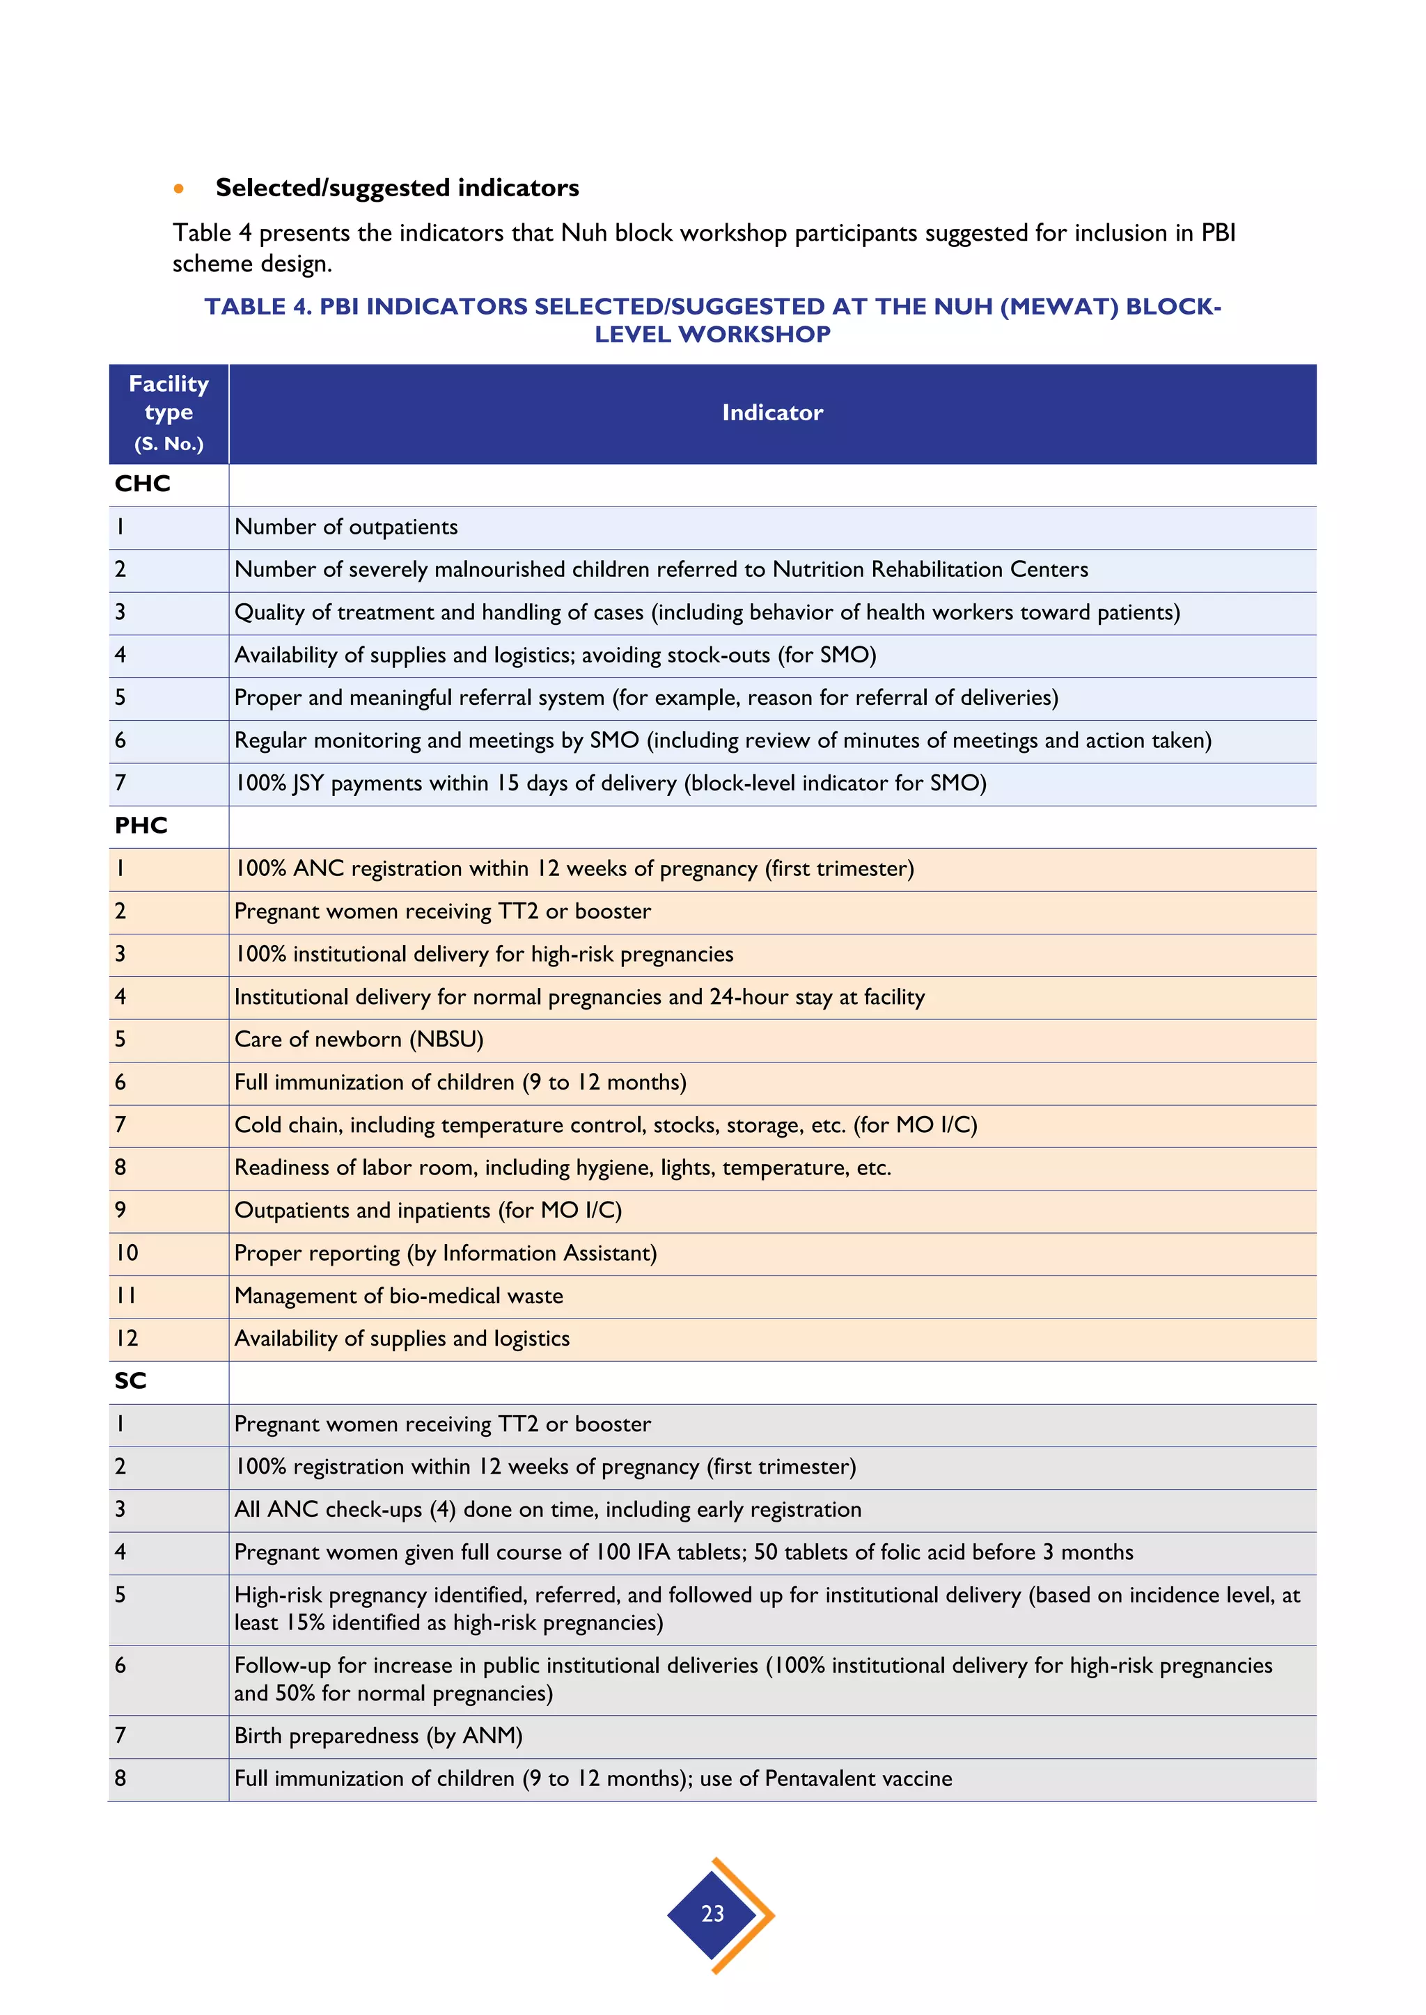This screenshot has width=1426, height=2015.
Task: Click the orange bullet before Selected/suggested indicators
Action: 179,189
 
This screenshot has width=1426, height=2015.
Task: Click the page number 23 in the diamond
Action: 712,1913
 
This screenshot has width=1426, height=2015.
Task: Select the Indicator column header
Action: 771,413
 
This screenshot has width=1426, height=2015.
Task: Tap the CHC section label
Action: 142,484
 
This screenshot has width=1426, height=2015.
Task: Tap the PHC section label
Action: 141,825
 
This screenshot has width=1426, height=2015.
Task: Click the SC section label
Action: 130,1380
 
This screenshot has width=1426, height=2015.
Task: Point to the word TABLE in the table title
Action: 245,306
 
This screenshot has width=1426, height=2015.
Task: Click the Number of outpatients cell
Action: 346,527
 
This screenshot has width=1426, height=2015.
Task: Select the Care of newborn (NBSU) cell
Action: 359,1039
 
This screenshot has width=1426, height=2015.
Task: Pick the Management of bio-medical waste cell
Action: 399,1296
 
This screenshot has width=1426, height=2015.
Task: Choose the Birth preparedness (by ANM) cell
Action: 377,1735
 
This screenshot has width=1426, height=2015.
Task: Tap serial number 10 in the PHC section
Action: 127,1252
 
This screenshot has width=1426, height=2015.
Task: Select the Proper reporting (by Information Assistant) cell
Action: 445,1252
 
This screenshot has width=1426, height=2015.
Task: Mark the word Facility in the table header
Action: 169,383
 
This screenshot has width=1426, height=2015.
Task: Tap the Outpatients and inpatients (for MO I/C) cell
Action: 428,1210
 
